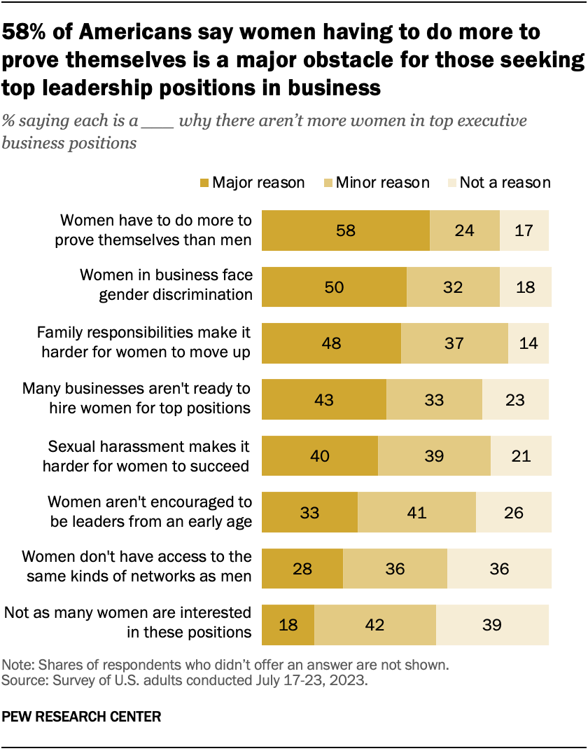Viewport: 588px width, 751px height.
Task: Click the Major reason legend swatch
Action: (204, 183)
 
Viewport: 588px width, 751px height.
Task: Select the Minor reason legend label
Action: (382, 183)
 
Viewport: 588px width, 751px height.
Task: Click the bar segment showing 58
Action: (345, 230)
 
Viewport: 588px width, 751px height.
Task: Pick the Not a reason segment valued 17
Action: (524, 230)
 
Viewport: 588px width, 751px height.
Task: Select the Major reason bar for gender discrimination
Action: (334, 287)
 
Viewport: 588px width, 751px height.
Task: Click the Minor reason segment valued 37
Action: (454, 343)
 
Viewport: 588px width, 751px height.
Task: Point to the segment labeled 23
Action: (515, 399)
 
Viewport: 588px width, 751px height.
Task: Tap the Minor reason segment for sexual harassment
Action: (434, 456)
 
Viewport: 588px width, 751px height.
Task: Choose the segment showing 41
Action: (416, 512)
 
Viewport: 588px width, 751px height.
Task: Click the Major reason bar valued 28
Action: (302, 569)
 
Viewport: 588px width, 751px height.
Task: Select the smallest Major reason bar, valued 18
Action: (288, 625)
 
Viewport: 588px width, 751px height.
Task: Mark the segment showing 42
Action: (375, 625)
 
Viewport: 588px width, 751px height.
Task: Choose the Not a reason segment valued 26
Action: (514, 512)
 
